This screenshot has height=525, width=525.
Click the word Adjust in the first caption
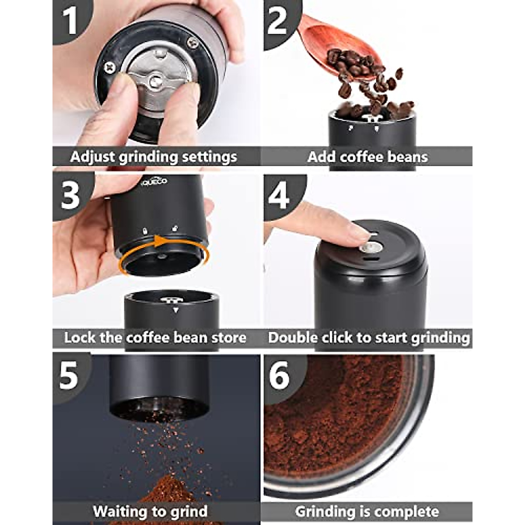pyautogui.click(x=90, y=157)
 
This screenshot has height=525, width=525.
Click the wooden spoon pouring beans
pyautogui.click(x=322, y=33)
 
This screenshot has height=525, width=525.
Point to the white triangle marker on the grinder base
pyautogui.click(x=176, y=310)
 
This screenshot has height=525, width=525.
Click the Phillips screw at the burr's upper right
pyautogui.click(x=192, y=42)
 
